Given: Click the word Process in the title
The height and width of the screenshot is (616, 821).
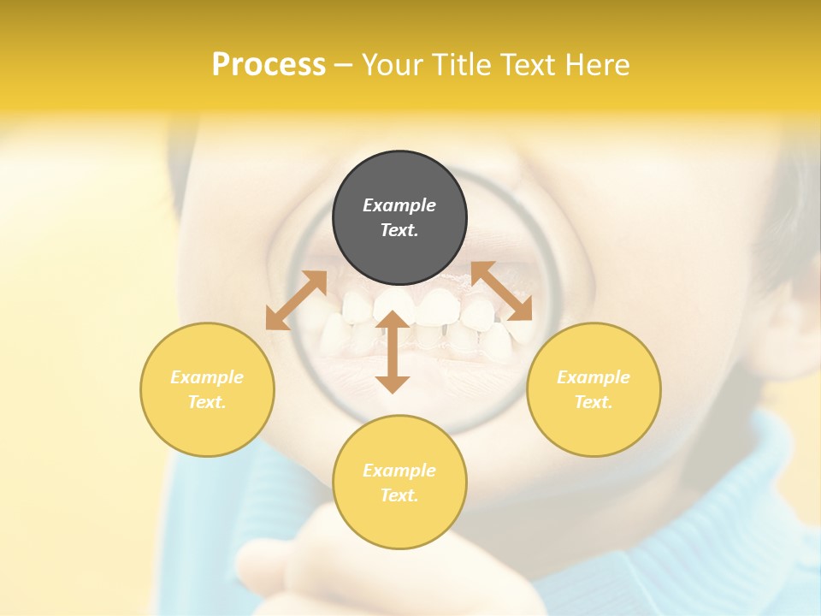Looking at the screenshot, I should pos(269,65).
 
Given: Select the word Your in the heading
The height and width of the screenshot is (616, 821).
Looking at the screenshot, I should pos(395,65).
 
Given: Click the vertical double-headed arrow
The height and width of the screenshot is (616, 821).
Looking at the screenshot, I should pos(393,352).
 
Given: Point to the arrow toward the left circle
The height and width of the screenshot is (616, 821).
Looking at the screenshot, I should pos(296,300).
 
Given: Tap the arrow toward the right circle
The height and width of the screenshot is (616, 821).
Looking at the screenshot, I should pos(502,291).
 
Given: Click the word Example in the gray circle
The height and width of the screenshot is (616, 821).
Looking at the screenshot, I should pos(399,205).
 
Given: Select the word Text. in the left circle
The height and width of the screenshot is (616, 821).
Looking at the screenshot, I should pos(207,402).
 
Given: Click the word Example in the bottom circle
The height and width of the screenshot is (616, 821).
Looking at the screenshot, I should pos(399,471).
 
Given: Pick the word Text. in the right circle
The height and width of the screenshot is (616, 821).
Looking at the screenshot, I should pos(594,402).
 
